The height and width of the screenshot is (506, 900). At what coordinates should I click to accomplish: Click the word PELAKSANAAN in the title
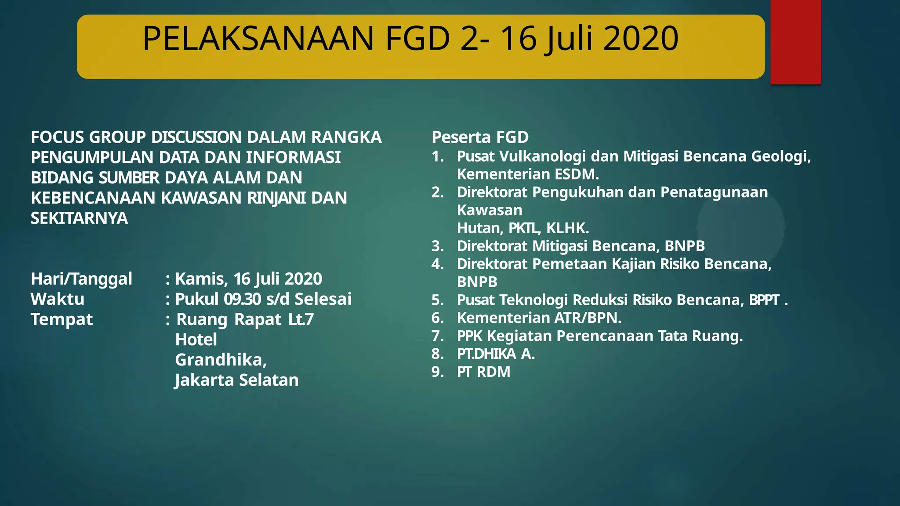[258, 39]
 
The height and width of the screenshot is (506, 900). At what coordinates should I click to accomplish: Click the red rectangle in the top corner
[795, 42]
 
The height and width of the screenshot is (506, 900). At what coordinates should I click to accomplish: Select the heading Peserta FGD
[480, 137]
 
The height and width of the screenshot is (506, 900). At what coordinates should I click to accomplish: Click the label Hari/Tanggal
[81, 279]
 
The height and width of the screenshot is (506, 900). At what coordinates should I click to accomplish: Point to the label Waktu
[58, 299]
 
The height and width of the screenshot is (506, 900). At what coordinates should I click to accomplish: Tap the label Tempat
[62, 319]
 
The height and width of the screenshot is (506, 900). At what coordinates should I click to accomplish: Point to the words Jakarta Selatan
[237, 380]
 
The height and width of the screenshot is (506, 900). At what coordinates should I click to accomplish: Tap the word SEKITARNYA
[79, 218]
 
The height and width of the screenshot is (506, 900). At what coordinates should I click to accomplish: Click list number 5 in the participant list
[437, 300]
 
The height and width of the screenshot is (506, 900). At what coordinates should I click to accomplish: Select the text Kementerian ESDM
[528, 174]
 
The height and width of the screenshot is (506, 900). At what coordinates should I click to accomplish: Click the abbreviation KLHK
[567, 228]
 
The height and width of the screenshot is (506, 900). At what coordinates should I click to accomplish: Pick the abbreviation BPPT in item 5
[764, 300]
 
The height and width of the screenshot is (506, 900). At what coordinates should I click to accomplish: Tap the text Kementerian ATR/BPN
[539, 318]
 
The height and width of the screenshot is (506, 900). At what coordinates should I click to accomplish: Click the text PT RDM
[483, 372]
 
